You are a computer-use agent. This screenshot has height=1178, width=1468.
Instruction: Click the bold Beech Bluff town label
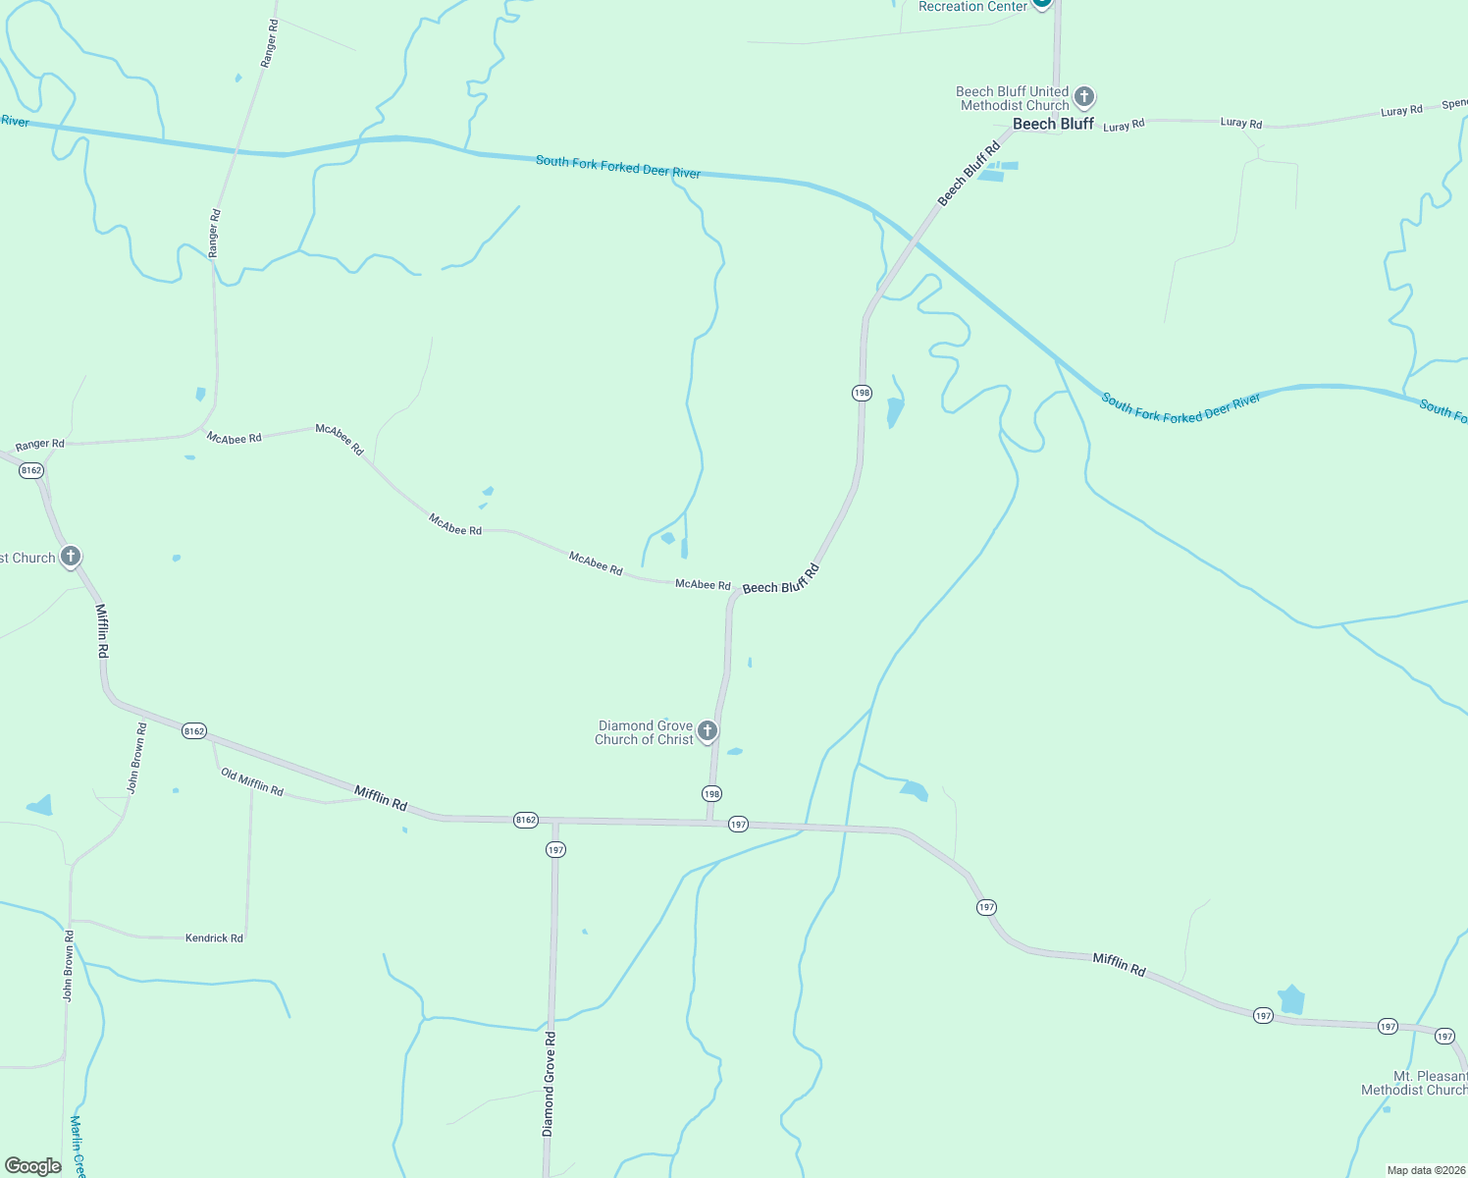click(1053, 124)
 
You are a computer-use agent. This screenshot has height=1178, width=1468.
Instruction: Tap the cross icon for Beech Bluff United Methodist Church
click(1084, 96)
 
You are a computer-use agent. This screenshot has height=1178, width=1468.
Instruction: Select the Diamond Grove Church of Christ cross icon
click(707, 730)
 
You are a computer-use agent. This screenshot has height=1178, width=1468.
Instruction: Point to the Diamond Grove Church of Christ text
click(645, 732)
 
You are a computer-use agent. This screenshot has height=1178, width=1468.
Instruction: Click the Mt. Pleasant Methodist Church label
click(1414, 1083)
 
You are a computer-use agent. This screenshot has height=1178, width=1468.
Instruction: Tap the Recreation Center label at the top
click(972, 7)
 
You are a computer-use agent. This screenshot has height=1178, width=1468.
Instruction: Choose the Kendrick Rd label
click(214, 938)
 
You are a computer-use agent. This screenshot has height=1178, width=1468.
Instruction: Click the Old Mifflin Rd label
click(252, 782)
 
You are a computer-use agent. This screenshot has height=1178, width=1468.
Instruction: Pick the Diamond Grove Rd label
click(550, 1085)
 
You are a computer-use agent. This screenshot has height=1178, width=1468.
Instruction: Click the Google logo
click(32, 1165)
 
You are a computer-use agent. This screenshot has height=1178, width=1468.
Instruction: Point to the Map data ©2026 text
click(1426, 1170)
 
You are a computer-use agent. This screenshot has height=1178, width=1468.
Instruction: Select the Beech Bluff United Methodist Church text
click(1013, 98)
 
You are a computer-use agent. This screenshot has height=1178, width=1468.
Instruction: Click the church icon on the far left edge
click(71, 557)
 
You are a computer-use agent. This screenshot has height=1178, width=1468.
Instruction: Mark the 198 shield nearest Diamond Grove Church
click(711, 793)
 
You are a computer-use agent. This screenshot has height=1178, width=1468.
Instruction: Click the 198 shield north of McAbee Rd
click(862, 393)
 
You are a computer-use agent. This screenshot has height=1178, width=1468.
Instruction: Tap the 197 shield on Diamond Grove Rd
click(556, 849)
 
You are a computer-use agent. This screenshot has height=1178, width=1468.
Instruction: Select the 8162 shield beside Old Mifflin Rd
click(194, 730)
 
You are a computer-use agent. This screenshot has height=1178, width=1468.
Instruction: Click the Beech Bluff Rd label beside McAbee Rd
click(780, 580)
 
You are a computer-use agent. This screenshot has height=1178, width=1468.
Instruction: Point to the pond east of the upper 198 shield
click(894, 410)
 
